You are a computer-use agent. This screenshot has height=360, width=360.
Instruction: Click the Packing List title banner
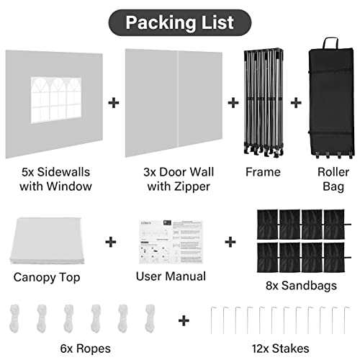tap(180, 23)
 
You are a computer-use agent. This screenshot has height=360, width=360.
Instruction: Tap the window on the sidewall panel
tap(56, 100)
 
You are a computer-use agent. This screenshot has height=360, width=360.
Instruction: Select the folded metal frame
tap(264, 103)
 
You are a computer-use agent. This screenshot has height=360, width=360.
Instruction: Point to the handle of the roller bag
tap(330, 43)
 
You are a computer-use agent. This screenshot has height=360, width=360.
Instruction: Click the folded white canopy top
tap(48, 240)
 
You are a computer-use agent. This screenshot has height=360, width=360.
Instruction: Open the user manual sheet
tap(171, 242)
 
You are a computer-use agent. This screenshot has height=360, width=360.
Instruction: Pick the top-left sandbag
tap(267, 225)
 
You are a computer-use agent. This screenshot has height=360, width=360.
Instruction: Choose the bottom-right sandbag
tap(335, 258)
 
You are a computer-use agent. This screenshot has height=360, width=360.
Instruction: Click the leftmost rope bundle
tap(14, 318)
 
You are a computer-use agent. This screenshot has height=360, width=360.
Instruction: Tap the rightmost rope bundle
tap(150, 318)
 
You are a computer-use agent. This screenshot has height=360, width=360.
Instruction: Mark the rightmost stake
tap(346, 320)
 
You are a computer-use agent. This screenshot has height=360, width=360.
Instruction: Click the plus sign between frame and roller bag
tap(296, 103)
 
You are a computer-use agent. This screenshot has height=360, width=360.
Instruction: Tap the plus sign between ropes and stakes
tap(184, 320)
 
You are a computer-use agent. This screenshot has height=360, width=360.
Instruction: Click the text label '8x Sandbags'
tap(301, 286)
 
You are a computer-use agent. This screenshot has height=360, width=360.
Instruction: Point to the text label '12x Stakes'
tap(280, 348)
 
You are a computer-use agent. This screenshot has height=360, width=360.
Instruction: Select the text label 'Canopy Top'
tap(47, 277)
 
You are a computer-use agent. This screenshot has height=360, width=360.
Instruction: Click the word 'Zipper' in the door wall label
tap(192, 186)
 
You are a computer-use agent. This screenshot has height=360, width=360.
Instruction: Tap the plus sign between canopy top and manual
tap(111, 242)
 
